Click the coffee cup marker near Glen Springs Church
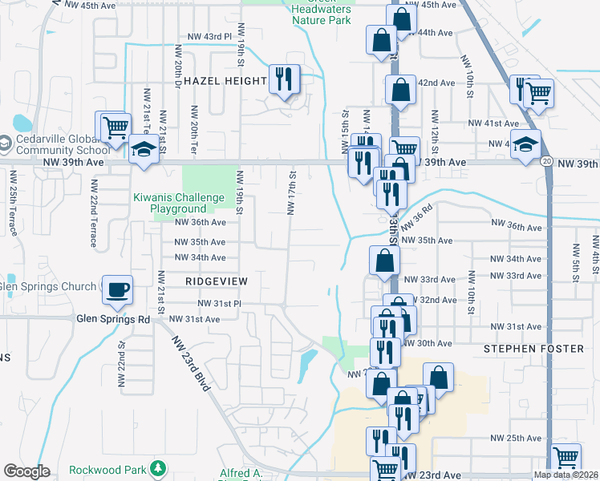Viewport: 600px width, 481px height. [x=117, y=289]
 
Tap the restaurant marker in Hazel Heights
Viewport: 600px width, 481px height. [x=284, y=79]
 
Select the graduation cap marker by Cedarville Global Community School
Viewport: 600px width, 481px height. [x=144, y=150]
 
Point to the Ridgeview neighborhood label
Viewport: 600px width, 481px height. [x=217, y=282]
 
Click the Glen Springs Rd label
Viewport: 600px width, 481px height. [x=113, y=318]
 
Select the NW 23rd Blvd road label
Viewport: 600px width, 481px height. [x=191, y=362]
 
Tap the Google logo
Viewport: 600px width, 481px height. [x=26, y=471]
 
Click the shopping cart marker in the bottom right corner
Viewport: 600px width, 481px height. [x=566, y=458]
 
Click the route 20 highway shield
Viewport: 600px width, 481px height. [x=546, y=161]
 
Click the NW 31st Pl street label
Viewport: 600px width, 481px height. [x=221, y=304]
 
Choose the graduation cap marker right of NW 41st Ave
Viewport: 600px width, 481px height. [x=525, y=145]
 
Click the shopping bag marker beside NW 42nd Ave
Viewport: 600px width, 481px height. [x=399, y=91]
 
